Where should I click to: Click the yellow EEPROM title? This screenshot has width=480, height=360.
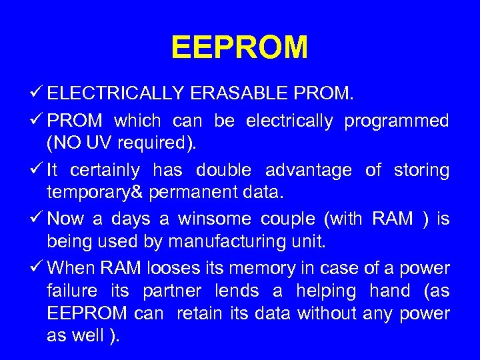pyautogui.click(x=239, y=48)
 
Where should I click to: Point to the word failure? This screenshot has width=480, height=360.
pyautogui.click(x=71, y=291)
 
